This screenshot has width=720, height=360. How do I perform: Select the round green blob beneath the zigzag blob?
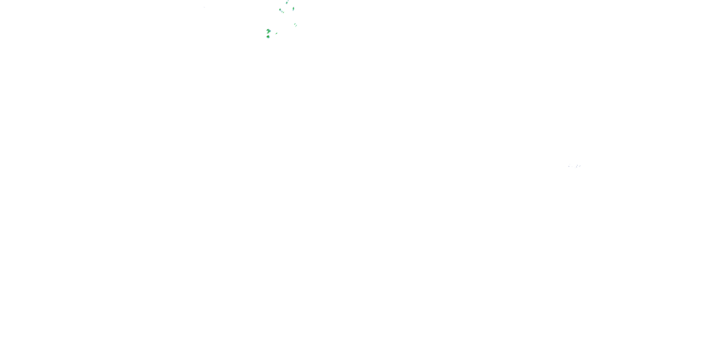tap(268, 37)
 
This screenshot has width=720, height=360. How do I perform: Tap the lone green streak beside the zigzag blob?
tap(276, 34)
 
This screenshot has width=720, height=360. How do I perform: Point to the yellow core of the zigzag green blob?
tap(269, 31)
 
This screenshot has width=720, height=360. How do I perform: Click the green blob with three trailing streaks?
tap(280, 10)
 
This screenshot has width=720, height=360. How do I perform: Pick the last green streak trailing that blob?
tap(284, 12)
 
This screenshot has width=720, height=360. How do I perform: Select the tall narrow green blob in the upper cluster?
tap(294, 9)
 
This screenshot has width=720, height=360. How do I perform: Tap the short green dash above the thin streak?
tap(295, 24)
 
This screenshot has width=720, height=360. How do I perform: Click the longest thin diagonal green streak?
tap(296, 26)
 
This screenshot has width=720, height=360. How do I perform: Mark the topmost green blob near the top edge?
tap(287, 3)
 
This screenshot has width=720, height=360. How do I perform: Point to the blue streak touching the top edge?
tap(288, 0)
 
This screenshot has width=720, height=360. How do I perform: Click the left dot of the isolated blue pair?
tap(204, 7)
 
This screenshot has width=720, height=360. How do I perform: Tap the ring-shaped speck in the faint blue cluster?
tap(569, 167)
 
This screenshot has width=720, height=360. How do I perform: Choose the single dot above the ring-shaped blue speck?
tap(570, 164)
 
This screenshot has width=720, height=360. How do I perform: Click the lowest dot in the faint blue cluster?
tap(575, 168)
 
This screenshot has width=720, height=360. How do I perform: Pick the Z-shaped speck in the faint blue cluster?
tap(577, 167)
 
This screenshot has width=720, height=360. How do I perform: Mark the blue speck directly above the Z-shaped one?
tap(577, 165)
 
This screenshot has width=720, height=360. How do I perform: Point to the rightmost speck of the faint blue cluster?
tap(580, 166)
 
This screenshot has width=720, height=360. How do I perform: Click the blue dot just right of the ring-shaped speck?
tap(572, 167)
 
